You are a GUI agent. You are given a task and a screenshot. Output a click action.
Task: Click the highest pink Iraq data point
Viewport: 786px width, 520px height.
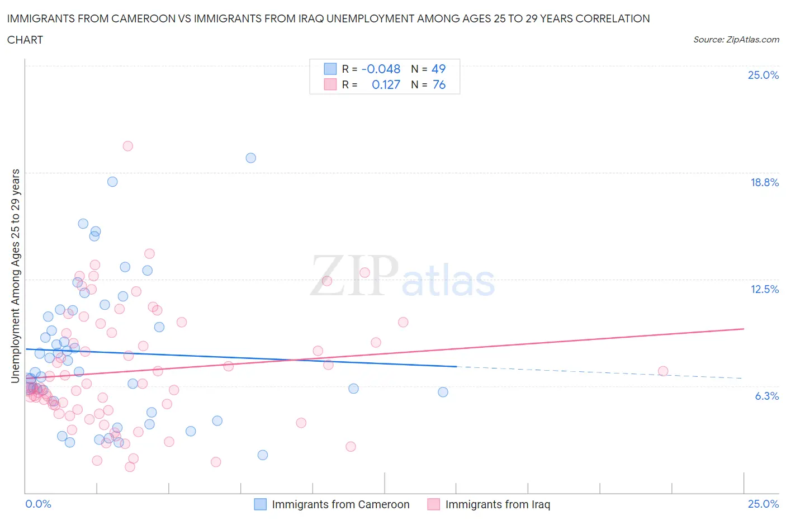(127, 146)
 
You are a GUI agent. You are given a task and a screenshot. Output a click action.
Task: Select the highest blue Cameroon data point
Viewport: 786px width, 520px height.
(251, 158)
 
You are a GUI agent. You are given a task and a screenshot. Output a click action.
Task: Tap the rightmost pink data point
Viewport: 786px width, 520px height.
(663, 371)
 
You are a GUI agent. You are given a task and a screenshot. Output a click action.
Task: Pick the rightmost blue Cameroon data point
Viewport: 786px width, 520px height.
(443, 392)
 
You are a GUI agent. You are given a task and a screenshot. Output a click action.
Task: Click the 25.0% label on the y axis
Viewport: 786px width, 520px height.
(763, 75)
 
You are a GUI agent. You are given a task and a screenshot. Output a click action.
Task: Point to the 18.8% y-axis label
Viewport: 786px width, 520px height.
(764, 182)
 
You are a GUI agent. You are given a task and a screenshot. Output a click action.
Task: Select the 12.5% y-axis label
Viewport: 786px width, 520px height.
(764, 289)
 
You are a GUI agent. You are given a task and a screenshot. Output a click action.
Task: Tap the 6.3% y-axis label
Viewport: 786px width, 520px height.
(766, 396)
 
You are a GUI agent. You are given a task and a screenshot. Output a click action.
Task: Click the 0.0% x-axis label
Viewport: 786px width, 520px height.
(38, 504)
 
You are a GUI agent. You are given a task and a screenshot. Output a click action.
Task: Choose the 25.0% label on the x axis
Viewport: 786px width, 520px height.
(763, 504)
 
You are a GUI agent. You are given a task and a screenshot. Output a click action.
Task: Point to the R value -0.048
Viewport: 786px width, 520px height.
(381, 69)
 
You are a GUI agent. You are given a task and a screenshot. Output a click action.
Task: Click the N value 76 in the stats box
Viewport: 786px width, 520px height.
(439, 84)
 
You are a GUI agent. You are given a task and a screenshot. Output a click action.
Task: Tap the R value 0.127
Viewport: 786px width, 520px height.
(386, 84)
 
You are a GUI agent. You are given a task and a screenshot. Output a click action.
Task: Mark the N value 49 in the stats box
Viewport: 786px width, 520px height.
(438, 69)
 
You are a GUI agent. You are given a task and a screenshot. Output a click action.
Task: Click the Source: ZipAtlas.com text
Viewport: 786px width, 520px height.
(736, 39)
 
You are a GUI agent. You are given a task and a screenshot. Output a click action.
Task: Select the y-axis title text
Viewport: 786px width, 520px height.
(16, 276)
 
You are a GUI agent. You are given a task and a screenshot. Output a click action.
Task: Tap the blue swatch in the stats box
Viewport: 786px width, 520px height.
(330, 69)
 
